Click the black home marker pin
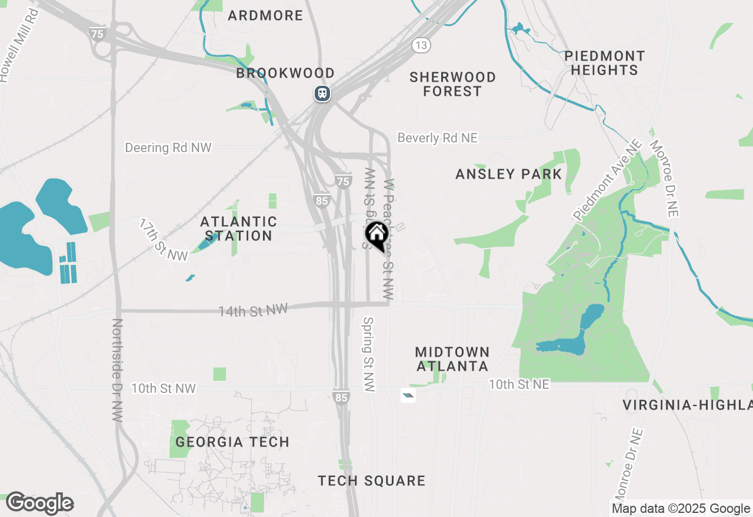(377, 235)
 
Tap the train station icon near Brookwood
(322, 93)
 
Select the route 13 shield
(421, 45)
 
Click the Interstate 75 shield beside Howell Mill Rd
(98, 33)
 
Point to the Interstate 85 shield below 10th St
(341, 398)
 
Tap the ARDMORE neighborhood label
(265, 15)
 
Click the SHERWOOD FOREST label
(452, 84)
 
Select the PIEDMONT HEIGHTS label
(604, 63)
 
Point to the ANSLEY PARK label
(509, 174)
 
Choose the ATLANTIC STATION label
(238, 229)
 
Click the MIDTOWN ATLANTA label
(452, 359)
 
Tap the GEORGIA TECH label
(232, 442)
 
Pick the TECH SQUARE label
(371, 481)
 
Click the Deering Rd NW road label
(168, 147)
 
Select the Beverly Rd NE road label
(438, 137)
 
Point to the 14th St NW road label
(253, 310)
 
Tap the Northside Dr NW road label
(117, 370)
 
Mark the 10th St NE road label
(519, 384)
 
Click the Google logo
(39, 503)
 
